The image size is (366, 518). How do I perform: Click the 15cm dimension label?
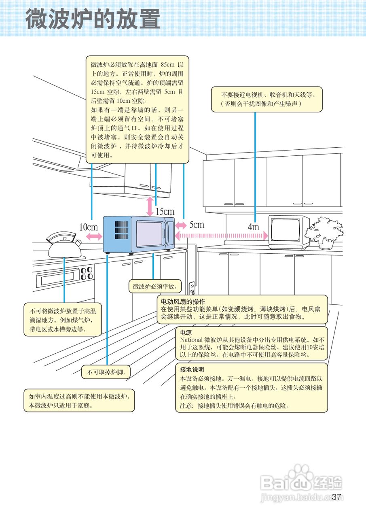(165, 211)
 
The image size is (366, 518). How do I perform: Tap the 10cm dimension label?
(89, 227)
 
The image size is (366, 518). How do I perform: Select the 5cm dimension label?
(197, 225)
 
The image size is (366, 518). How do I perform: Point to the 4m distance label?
(254, 227)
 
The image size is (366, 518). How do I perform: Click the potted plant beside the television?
(324, 232)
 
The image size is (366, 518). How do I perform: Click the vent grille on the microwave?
(120, 229)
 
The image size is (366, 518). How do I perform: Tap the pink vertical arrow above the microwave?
(150, 206)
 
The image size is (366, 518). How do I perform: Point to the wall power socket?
(192, 288)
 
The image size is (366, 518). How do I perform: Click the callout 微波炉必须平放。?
(155, 287)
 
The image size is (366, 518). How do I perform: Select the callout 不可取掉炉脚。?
(107, 373)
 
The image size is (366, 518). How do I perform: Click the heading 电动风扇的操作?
(183, 301)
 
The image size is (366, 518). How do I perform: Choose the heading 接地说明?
(192, 369)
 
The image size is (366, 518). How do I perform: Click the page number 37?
(337, 497)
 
